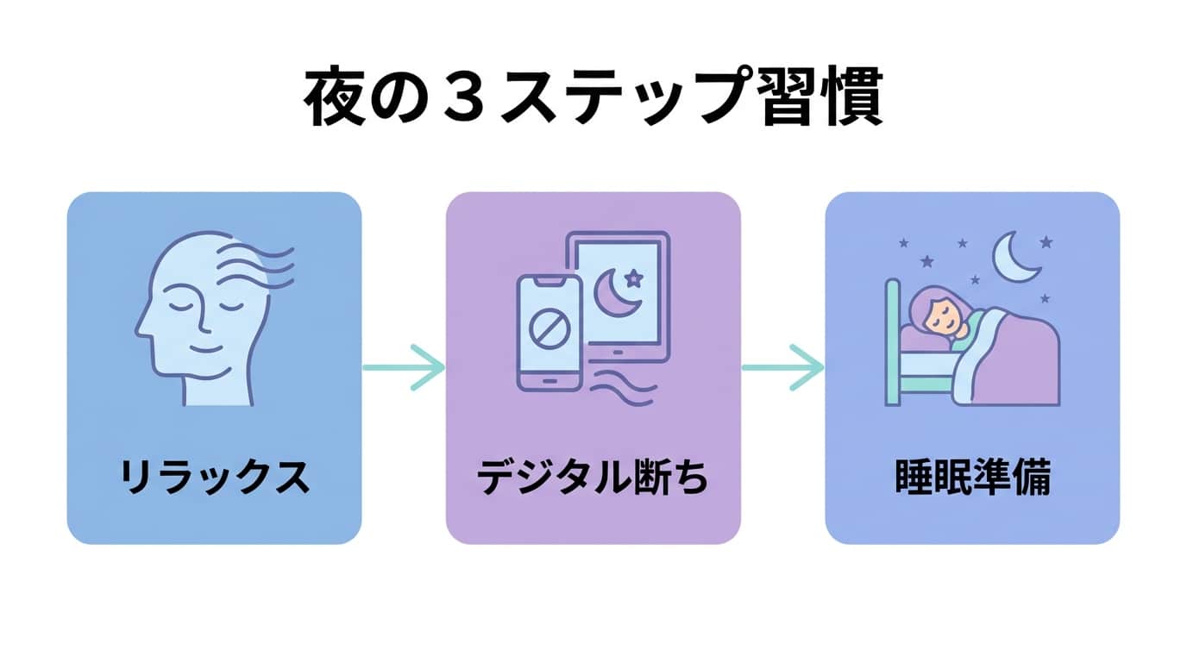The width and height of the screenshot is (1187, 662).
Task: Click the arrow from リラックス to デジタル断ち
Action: [x=404, y=368]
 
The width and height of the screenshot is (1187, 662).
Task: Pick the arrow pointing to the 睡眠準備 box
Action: [x=782, y=368]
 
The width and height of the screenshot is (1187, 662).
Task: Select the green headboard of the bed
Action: [x=894, y=340]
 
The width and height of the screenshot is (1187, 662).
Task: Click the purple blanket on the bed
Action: [x=1018, y=362]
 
